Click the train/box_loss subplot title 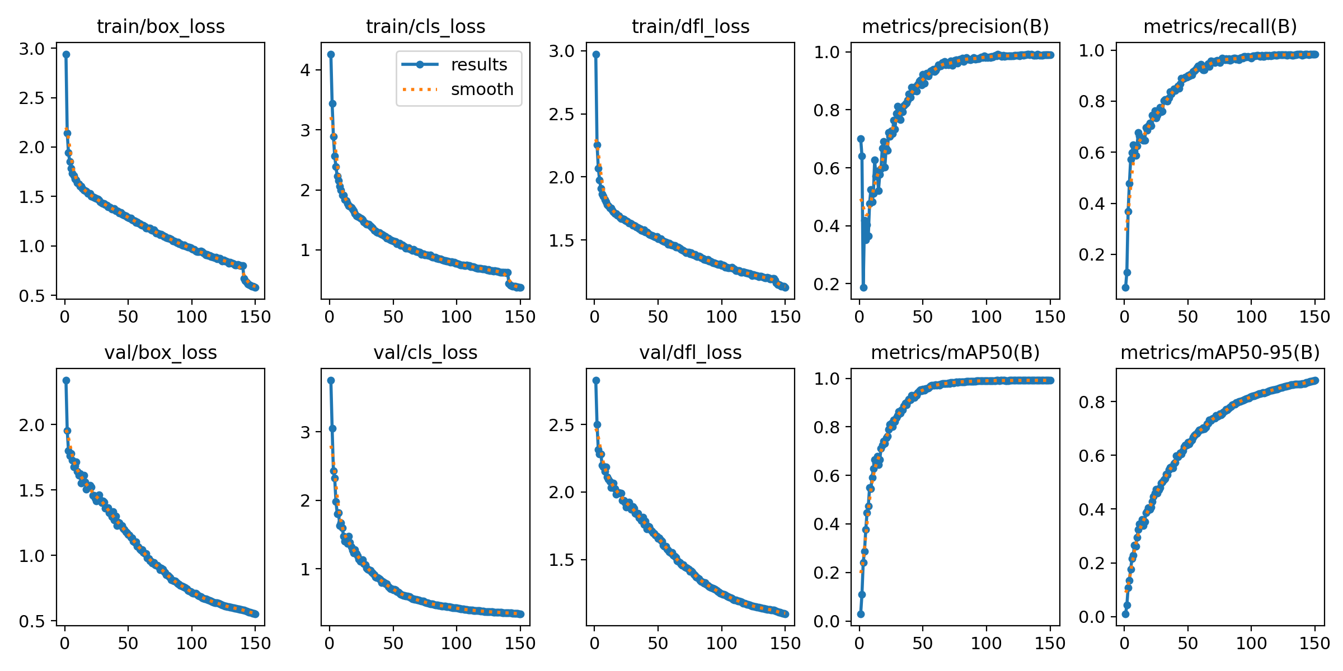(x=161, y=26)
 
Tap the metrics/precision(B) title (x=955, y=26)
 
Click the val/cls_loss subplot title (x=425, y=352)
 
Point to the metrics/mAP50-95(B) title (x=1220, y=352)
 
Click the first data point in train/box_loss (x=66, y=54)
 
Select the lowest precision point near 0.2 (x=863, y=287)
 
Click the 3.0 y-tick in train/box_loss (x=31, y=49)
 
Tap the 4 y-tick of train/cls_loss (x=306, y=70)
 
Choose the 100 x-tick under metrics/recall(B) (x=1251, y=317)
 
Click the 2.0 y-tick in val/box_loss (x=31, y=425)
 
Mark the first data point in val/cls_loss (x=331, y=380)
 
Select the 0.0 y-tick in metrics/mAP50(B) (x=827, y=621)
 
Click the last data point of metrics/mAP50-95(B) (x=1315, y=380)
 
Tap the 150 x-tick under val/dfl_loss (x=785, y=643)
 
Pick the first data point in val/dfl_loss (x=596, y=380)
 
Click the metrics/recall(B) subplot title (x=1220, y=26)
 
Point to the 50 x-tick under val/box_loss (x=128, y=643)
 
